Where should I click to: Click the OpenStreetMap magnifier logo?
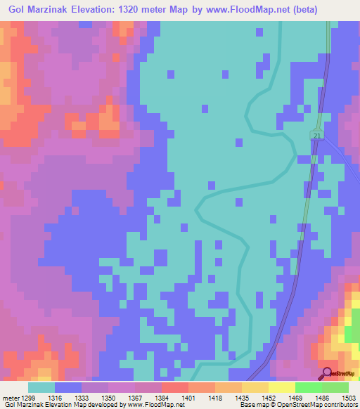328,372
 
